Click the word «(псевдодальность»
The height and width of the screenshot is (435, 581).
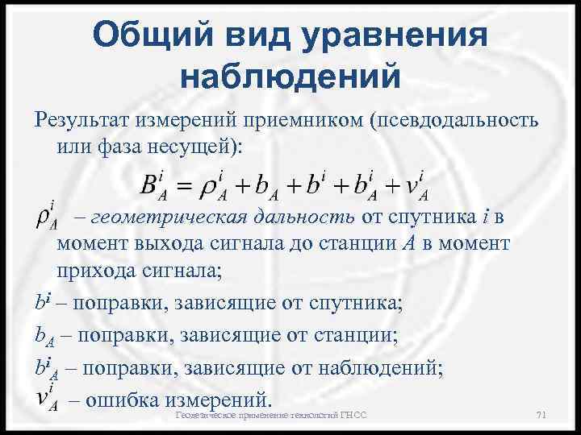pyautogui.click(x=453, y=121)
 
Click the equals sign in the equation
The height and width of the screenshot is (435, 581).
pyautogui.click(x=188, y=187)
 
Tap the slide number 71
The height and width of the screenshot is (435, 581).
pyautogui.click(x=541, y=415)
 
